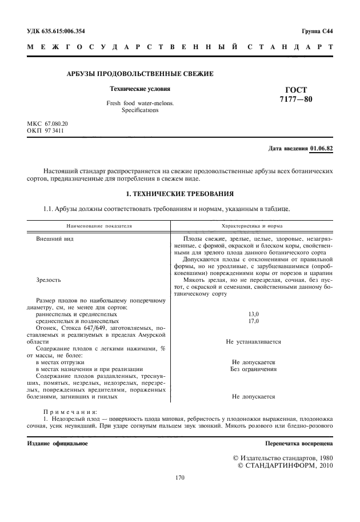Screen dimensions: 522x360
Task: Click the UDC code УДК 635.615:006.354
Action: click(59, 30)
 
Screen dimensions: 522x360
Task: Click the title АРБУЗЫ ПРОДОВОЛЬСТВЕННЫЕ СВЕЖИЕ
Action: click(140, 74)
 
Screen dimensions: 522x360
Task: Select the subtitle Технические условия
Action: click(140, 89)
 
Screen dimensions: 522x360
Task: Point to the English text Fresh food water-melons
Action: click(140, 103)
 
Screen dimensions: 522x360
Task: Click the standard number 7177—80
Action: click(296, 99)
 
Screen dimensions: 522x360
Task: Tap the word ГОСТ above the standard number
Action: click(296, 90)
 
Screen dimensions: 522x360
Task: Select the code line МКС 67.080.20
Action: click(47, 123)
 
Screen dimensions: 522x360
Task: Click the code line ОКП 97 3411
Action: click(46, 130)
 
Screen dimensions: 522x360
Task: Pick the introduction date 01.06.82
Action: click(321, 149)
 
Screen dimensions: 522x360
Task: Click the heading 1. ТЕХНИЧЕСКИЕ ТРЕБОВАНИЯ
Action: click(180, 194)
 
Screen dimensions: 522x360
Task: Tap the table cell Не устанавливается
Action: click(253, 341)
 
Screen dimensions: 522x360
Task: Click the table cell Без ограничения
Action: click(253, 369)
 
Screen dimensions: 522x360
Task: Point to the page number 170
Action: click(180, 477)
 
